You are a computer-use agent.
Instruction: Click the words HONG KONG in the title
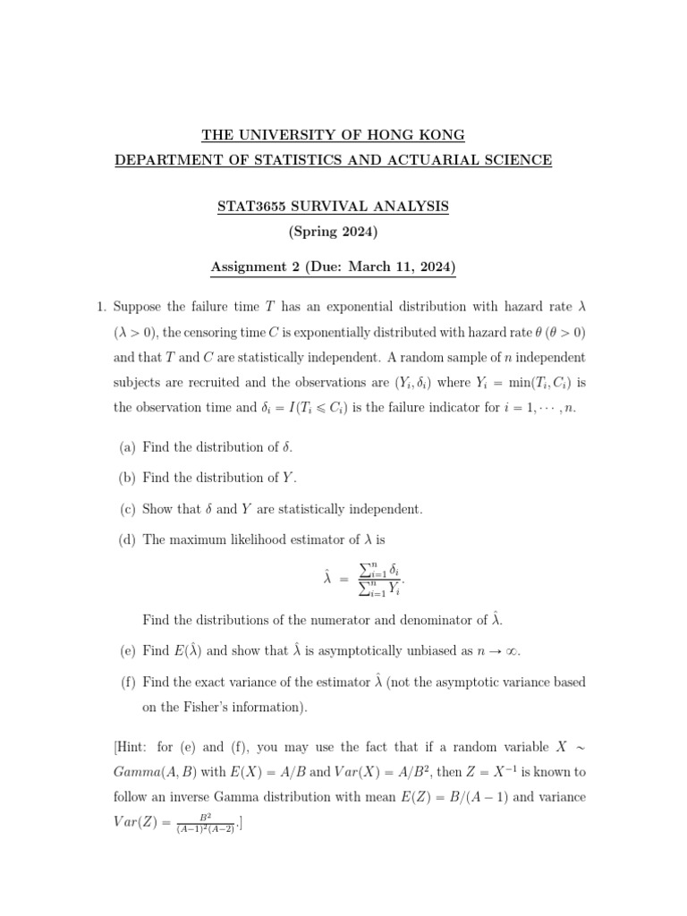420,135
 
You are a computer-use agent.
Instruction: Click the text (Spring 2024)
334,233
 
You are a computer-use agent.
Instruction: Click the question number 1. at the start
101,307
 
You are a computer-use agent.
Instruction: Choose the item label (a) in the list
128,446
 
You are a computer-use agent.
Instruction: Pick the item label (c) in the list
128,509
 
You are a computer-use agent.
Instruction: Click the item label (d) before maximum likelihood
128,539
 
